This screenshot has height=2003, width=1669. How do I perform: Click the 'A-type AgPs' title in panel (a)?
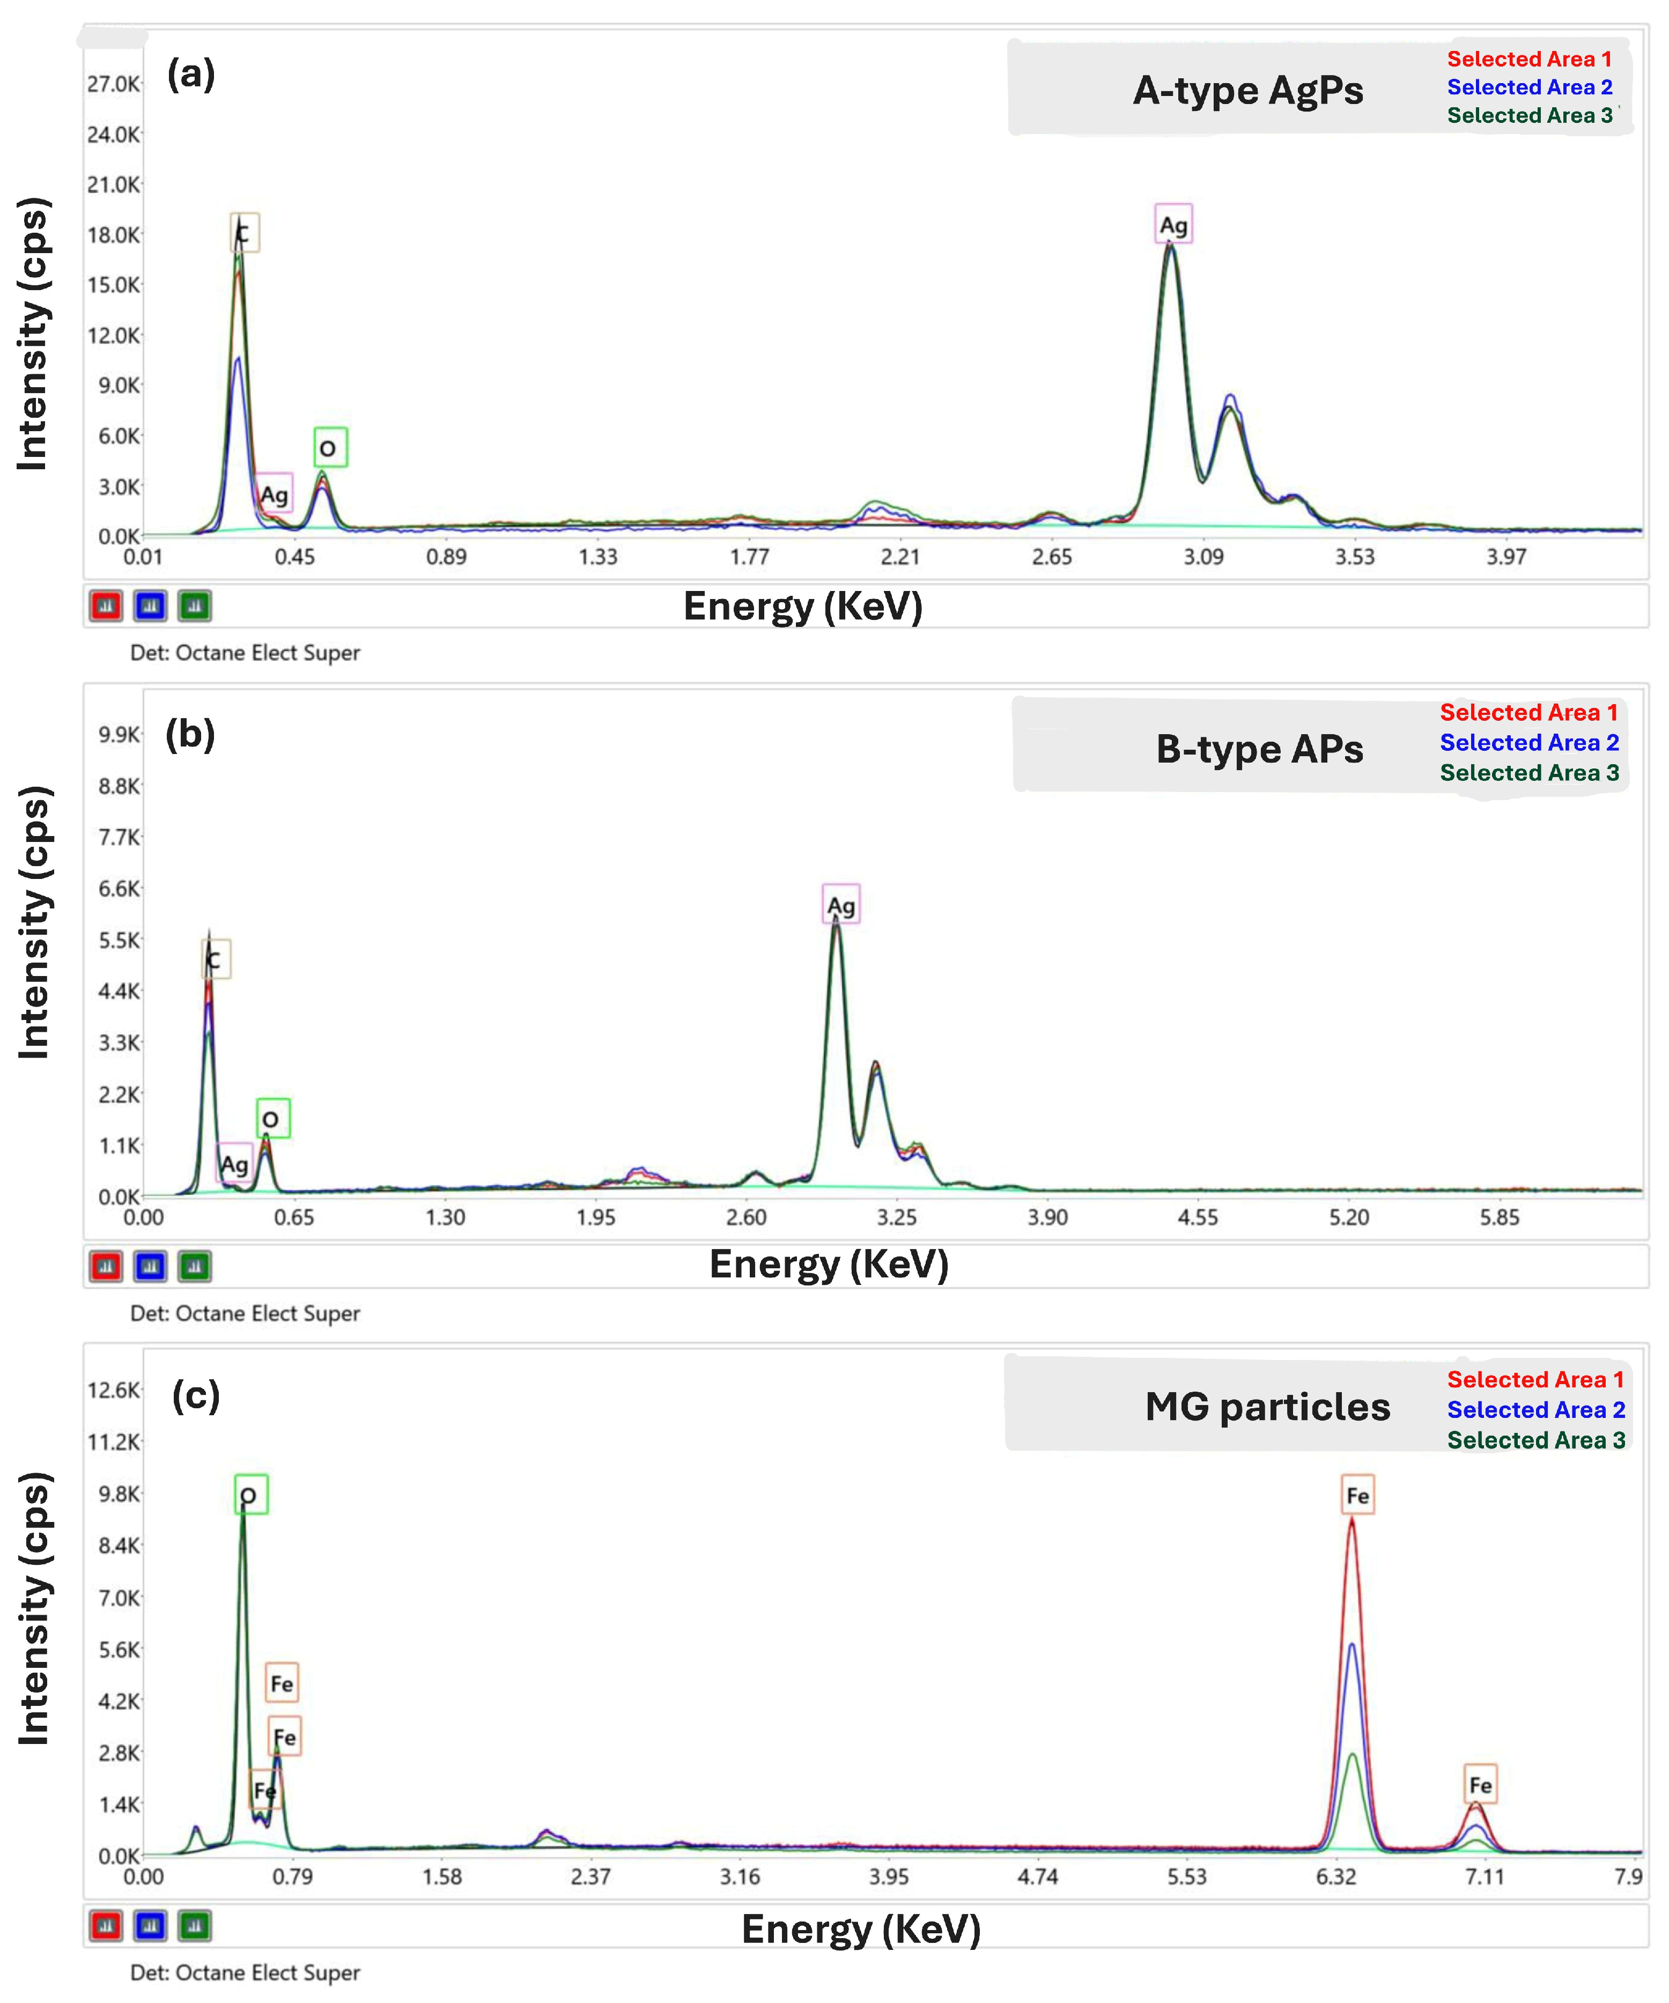(1247, 91)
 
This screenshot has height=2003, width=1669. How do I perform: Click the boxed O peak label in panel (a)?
(330, 448)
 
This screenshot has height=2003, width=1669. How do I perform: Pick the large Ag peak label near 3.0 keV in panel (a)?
(1173, 225)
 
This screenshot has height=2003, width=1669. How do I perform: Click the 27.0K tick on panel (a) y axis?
(114, 84)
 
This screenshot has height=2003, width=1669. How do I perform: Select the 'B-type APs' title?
(1259, 750)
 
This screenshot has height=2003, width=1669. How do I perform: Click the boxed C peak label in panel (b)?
(216, 959)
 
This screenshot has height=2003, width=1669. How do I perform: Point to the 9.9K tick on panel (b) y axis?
(119, 735)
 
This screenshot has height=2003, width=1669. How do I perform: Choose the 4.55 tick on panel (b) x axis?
(1198, 1217)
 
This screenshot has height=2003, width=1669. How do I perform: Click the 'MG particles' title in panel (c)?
(1267, 1407)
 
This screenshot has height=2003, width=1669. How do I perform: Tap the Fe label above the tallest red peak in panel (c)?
(1357, 1496)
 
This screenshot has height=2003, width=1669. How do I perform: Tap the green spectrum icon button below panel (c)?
(195, 1926)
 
